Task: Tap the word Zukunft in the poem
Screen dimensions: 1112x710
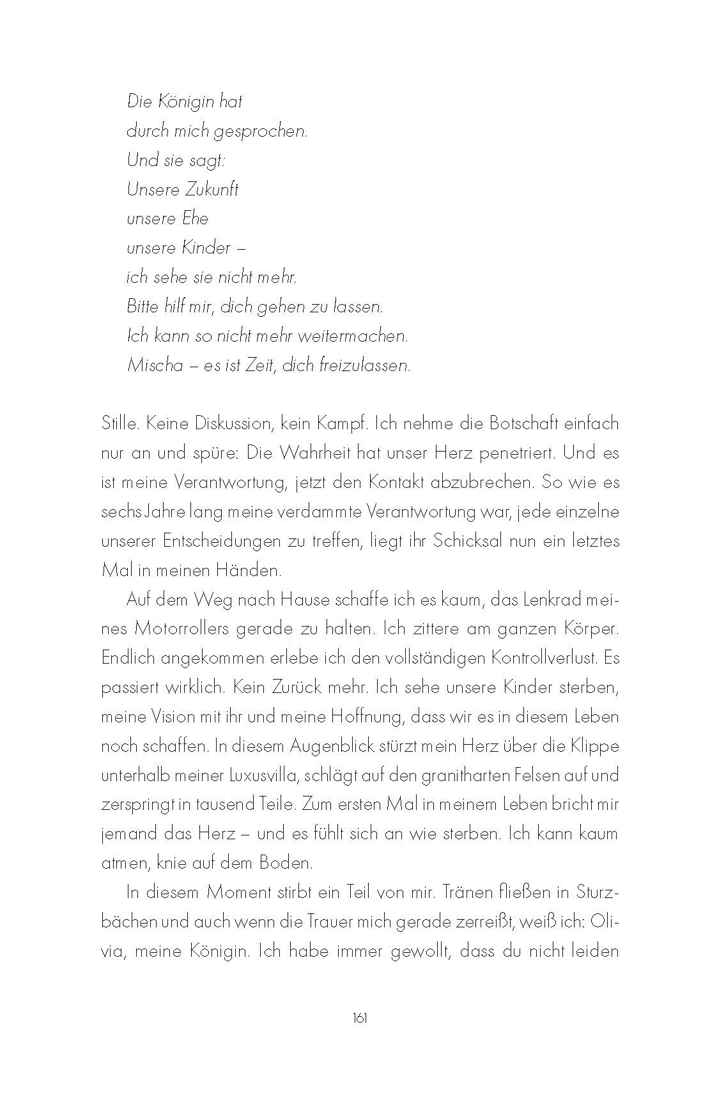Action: (212, 190)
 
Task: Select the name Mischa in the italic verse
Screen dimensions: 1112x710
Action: (155, 366)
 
